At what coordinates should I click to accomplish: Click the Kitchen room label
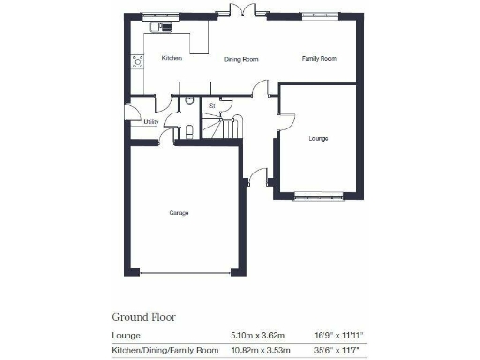(x=171, y=59)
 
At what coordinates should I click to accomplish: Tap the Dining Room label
(x=241, y=59)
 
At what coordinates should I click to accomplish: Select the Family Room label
(x=318, y=59)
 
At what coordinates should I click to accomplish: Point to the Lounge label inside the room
(x=318, y=138)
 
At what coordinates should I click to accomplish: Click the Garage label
(x=179, y=213)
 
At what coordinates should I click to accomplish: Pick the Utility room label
(x=150, y=122)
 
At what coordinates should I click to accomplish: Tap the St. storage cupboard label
(x=213, y=107)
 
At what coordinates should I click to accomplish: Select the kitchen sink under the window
(x=166, y=26)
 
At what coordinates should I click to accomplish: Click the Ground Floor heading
(x=144, y=317)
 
